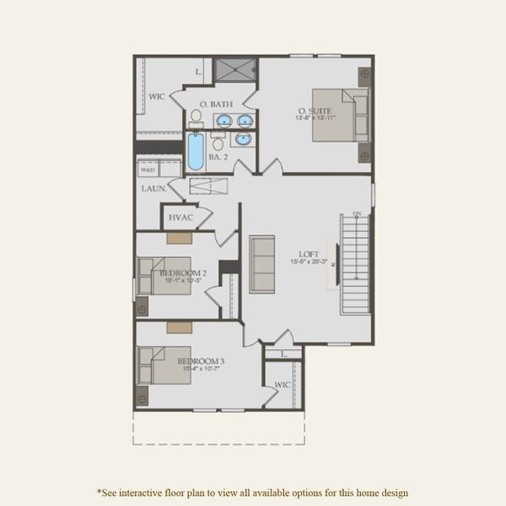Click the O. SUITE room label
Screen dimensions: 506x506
314,110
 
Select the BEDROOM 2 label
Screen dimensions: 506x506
183,273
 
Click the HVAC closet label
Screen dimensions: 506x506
180,218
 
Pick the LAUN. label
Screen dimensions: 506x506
153,189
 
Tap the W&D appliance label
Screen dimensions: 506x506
148,170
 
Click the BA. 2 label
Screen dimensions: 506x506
219,158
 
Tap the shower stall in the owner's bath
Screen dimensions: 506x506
234,70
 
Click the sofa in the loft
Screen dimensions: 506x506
262,263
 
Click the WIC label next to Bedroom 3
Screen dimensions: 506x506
282,385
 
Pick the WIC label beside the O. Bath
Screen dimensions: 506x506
157,97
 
